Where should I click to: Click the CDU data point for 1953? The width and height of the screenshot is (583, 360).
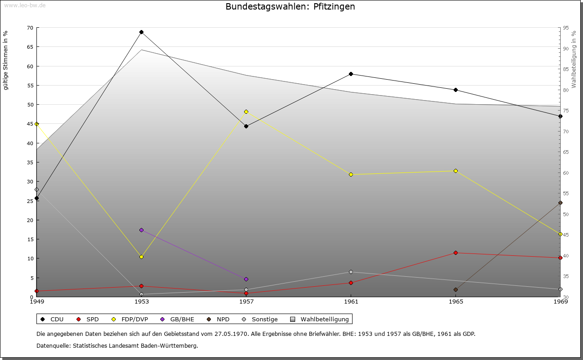(141, 32)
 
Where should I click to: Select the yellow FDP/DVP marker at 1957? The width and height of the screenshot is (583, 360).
(246, 112)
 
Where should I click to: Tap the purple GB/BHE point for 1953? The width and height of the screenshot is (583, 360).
(141, 230)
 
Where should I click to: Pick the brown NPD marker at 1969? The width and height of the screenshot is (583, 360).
(560, 203)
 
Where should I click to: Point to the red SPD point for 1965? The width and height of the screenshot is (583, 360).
(456, 253)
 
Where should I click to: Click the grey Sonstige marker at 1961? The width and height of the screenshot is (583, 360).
(351, 272)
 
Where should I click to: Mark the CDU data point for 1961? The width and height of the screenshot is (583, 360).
(351, 74)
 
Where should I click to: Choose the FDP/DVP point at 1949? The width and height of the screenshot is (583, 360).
(37, 124)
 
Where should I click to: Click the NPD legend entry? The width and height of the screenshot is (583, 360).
(218, 319)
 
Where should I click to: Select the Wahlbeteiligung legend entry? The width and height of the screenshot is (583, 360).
(319, 319)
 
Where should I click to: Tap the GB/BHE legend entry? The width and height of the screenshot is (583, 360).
(177, 319)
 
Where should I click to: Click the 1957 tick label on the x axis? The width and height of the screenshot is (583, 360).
(246, 302)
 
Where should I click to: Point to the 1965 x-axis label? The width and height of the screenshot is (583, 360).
(456, 302)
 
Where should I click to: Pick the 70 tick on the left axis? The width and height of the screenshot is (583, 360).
(30, 28)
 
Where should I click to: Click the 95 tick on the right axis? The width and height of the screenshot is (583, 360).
(566, 28)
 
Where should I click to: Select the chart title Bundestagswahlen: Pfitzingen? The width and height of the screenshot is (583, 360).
(290, 6)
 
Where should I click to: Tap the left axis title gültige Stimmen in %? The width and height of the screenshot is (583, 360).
(5, 61)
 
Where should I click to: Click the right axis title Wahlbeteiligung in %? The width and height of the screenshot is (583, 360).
(574, 60)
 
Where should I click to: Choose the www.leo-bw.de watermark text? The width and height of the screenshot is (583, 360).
(25, 5)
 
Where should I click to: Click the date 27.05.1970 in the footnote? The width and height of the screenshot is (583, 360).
(230, 334)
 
